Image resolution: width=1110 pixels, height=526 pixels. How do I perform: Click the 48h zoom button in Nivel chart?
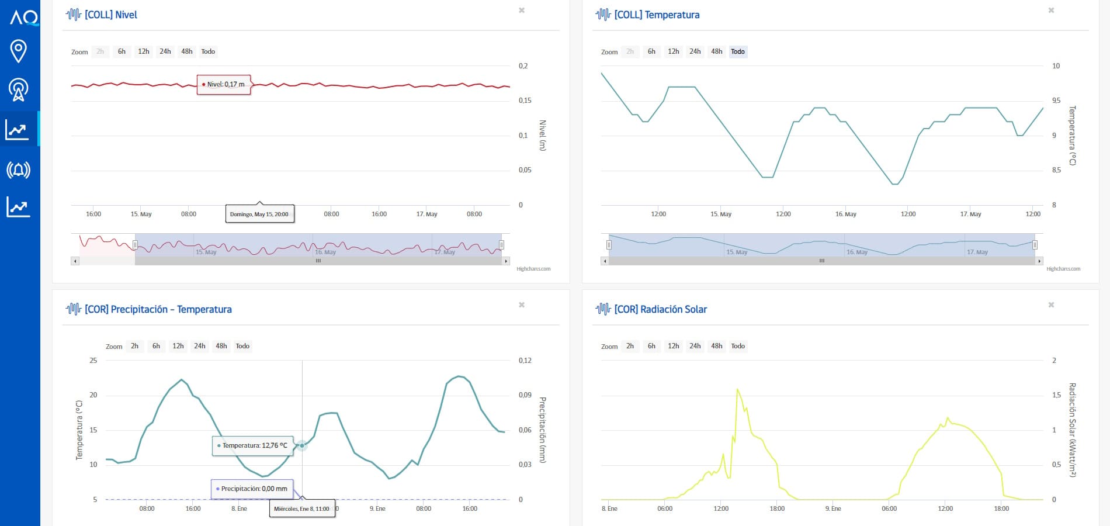pos(187,51)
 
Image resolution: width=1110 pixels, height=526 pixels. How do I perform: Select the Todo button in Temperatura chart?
pos(738,51)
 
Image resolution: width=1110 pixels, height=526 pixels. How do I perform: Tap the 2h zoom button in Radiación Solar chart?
pos(630,346)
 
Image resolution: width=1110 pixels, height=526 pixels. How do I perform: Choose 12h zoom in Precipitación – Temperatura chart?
pos(178,346)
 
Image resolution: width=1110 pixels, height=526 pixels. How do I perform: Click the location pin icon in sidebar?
pos(19,51)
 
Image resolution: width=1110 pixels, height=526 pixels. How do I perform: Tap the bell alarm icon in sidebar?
pos(18,170)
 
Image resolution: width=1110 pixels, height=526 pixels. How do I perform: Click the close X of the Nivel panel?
pos(522,11)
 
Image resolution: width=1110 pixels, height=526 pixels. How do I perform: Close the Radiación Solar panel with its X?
pos(1051,305)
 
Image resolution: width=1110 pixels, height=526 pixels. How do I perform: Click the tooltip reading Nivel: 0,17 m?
pos(224,84)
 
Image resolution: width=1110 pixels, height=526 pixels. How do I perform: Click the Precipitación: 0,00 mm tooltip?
pos(252,489)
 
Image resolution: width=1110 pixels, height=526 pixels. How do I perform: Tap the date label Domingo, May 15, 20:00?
pos(259,214)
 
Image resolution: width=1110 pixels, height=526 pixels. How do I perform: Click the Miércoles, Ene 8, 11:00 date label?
pos(302,508)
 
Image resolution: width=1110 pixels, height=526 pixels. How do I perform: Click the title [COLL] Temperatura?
pos(657,15)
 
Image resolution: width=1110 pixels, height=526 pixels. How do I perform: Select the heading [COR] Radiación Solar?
pos(661,309)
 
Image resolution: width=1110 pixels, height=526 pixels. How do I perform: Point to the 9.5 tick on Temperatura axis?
pos(1056,101)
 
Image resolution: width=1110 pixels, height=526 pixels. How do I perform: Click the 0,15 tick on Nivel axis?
pos(525,101)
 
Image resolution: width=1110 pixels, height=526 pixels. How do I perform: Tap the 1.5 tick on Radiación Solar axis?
pos(1056,395)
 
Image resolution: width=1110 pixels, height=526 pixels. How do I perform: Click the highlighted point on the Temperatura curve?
pos(302,445)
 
